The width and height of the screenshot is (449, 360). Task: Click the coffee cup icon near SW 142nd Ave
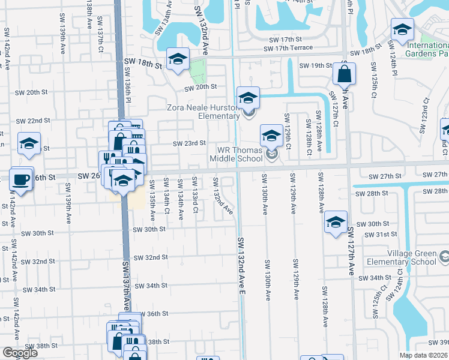[x=21, y=179]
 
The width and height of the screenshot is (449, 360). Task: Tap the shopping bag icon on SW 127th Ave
[x=345, y=75]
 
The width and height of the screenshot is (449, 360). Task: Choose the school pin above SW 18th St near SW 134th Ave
[x=178, y=59]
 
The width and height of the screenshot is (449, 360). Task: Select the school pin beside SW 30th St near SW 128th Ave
[x=336, y=222]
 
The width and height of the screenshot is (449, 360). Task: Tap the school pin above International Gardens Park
[x=402, y=28]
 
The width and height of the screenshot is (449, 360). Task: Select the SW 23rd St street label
[x=189, y=143]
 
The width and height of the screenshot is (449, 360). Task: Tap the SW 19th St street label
[x=315, y=65]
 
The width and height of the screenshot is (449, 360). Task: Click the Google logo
[x=20, y=353]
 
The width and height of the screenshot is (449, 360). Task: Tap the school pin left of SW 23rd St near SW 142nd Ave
[x=29, y=143]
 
